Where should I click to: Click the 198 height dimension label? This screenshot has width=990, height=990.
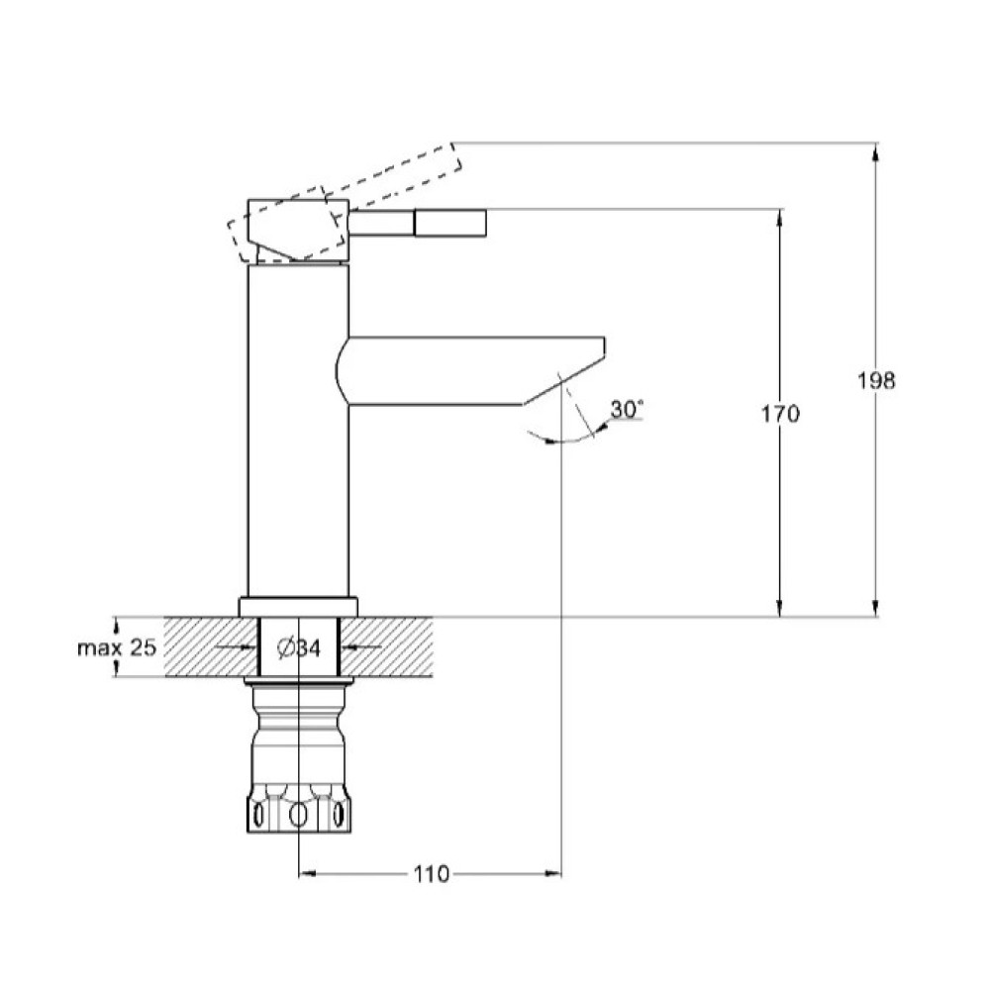click(x=876, y=381)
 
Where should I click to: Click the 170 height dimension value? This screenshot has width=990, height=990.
click(x=780, y=414)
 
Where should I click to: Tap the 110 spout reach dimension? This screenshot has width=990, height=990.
click(x=432, y=874)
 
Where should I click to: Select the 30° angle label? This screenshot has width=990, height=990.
click(x=627, y=409)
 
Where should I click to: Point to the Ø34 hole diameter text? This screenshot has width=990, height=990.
click(x=299, y=647)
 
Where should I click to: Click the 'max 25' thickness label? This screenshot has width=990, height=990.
click(x=116, y=647)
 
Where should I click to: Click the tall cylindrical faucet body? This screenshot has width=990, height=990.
click(x=298, y=431)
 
